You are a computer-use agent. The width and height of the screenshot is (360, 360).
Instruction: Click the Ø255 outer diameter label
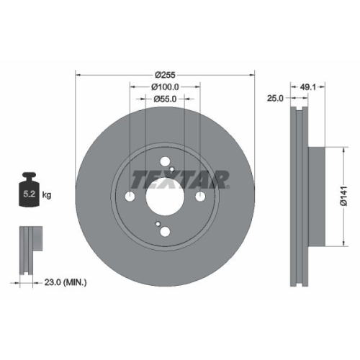point(166,73)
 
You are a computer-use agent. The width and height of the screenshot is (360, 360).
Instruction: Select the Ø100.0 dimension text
point(165,86)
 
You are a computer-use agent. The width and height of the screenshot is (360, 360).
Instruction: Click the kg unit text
point(47,195)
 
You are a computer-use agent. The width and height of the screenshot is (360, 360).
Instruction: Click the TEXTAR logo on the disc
point(179,178)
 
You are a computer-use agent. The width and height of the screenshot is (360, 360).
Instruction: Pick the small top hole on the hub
point(165,163)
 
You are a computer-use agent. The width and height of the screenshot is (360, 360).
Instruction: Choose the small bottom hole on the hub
point(165,231)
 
